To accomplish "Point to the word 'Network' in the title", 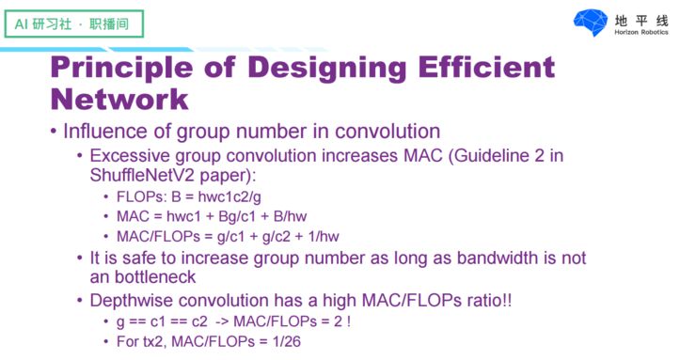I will pyautogui.click(x=119, y=98).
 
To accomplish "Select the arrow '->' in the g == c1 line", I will pyautogui.click(x=224, y=322).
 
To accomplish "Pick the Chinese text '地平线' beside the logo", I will pyautogui.click(x=641, y=19).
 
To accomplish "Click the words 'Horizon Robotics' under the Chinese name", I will pyautogui.click(x=641, y=32).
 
